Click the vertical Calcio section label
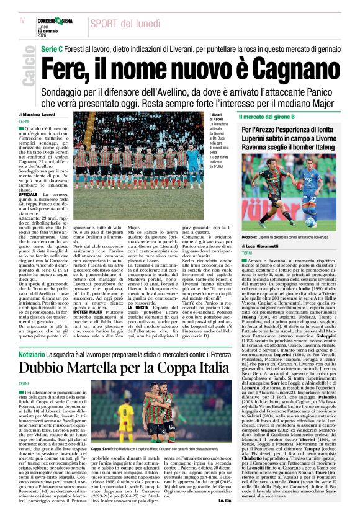point(28,69)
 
